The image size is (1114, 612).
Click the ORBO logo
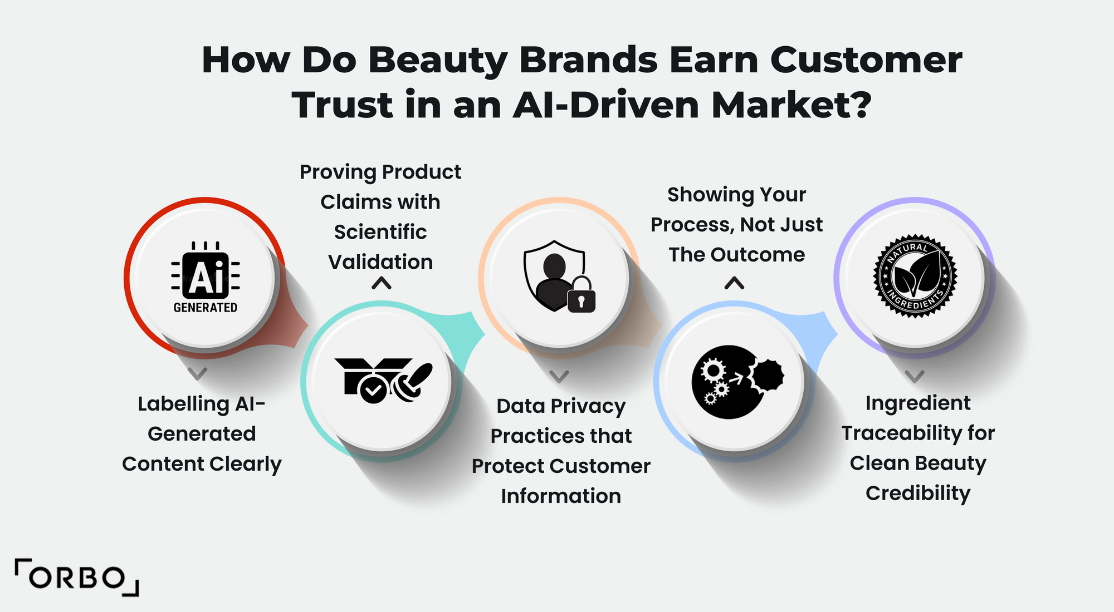click(x=77, y=578)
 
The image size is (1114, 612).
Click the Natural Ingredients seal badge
click(x=915, y=276)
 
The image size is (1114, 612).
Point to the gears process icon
click(x=736, y=382)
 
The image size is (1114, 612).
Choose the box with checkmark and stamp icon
click(x=383, y=381)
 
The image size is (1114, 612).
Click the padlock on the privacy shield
click(x=582, y=296)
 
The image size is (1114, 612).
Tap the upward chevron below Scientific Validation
click(x=382, y=284)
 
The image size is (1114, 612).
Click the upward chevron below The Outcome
click(x=735, y=283)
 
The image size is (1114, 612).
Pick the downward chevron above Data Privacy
click(x=559, y=376)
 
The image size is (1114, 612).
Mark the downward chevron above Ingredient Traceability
click(x=915, y=376)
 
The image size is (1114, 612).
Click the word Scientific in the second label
click(x=380, y=232)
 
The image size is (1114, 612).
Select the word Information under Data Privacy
click(x=561, y=496)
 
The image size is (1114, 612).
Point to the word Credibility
click(x=918, y=493)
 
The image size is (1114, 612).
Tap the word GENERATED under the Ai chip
click(x=205, y=308)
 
